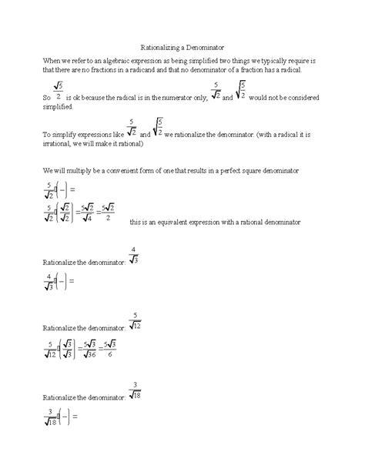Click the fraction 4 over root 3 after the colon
[134, 256]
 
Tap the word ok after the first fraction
[78, 99]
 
